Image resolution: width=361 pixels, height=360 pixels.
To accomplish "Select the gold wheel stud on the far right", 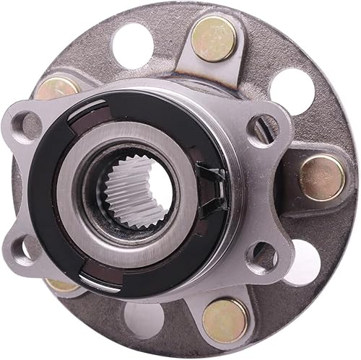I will pos(321,177).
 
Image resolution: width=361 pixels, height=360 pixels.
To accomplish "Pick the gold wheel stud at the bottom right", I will pos(225,320).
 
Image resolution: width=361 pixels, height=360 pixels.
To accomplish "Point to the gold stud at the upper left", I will pos(58,89).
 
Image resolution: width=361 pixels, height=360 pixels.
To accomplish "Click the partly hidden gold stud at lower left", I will pos(61,284).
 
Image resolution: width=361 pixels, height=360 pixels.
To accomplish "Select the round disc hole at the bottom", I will pos(144,319).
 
